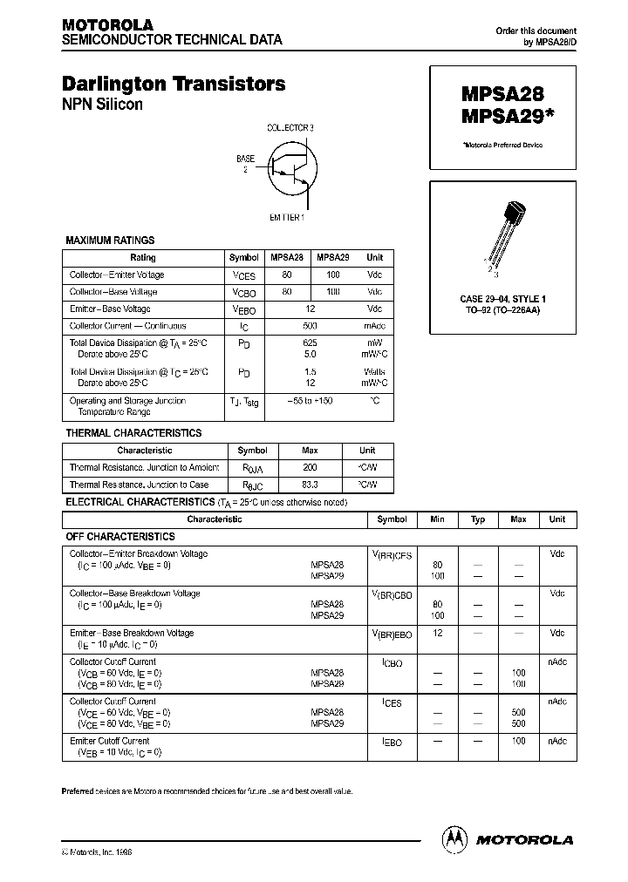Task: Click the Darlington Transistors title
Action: (174, 85)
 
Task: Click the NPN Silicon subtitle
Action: (102, 105)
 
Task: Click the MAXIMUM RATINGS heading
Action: (111, 241)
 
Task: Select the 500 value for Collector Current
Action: (310, 326)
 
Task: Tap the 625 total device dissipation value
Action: (310, 343)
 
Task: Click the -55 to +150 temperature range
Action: (310, 401)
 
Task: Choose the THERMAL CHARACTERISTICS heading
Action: (133, 433)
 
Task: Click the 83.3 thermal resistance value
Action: (310, 485)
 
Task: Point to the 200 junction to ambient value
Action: (310, 468)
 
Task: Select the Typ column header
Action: (478, 519)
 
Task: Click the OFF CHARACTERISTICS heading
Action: (121, 537)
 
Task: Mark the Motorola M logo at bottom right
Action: (455, 839)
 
